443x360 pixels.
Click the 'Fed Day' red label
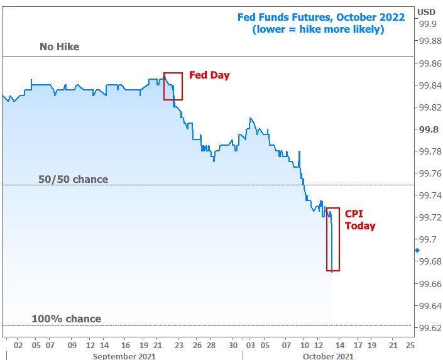211,75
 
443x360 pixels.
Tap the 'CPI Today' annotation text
360,220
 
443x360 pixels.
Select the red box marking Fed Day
173,86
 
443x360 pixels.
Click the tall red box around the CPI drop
333,239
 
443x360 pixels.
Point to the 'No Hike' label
59,47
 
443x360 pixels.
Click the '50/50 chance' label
73,180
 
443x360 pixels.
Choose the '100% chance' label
66,319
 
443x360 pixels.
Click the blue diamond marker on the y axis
417,250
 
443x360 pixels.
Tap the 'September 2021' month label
124,356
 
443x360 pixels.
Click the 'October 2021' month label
327,356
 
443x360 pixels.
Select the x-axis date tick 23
179,345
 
